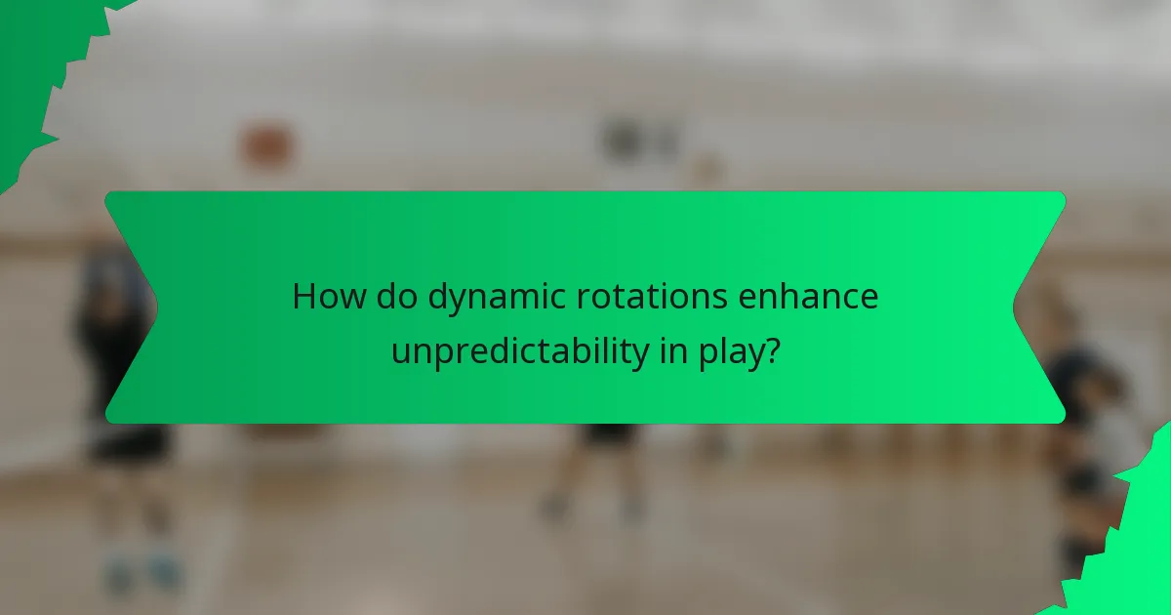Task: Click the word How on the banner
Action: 324,297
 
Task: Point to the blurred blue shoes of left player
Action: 141,571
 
